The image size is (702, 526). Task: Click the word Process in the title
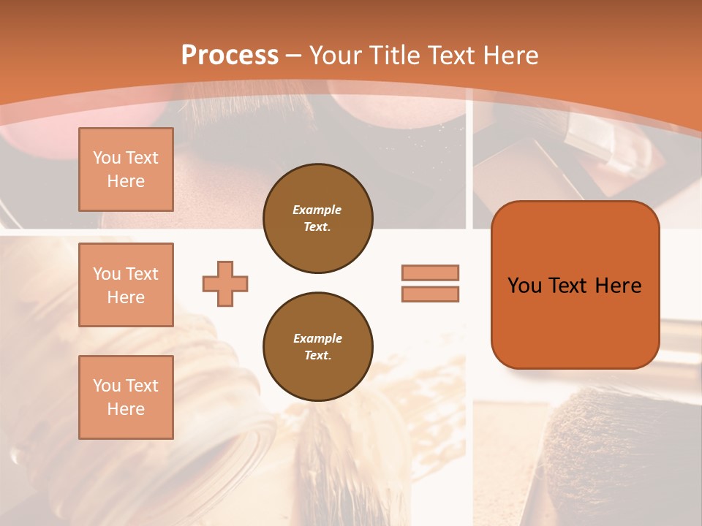pos(230,56)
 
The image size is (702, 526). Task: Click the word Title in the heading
pos(393,56)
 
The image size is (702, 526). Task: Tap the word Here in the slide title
pos(508,56)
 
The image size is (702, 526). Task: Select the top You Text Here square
pos(126,169)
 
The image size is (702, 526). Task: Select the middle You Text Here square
pos(126,285)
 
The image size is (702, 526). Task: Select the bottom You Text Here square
pos(126,397)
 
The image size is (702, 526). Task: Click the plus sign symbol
pos(225,283)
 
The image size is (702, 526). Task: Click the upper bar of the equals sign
pos(430,272)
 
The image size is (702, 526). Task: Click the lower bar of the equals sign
pos(430,294)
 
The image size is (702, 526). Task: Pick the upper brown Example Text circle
pos(317,218)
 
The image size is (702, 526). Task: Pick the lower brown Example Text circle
pos(317,347)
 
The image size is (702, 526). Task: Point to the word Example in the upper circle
pos(317,210)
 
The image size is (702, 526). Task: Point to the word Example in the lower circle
pos(317,338)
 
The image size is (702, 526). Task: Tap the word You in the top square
pos(107,158)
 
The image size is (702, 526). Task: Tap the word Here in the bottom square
pos(126,409)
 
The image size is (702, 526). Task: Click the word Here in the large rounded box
pos(618,286)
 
